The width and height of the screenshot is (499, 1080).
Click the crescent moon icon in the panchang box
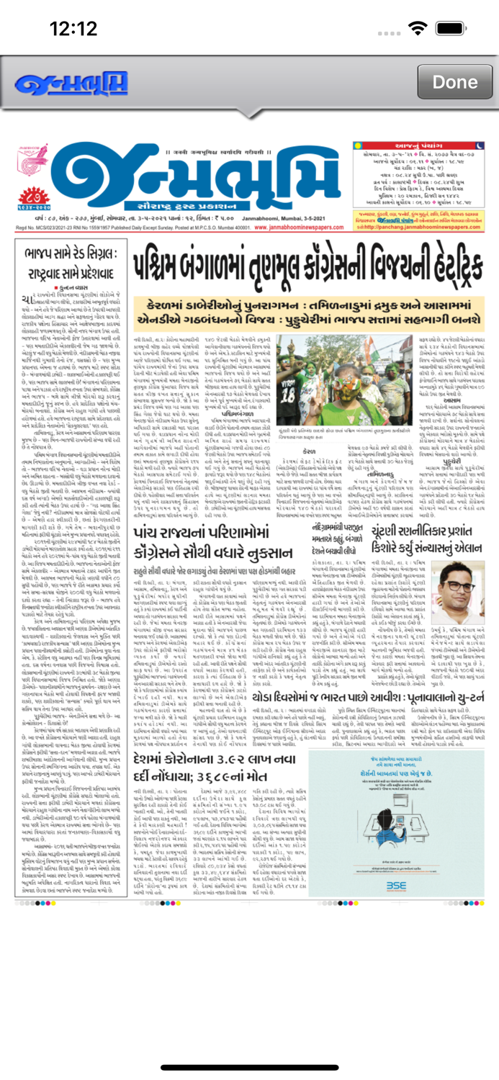tap(476, 148)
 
